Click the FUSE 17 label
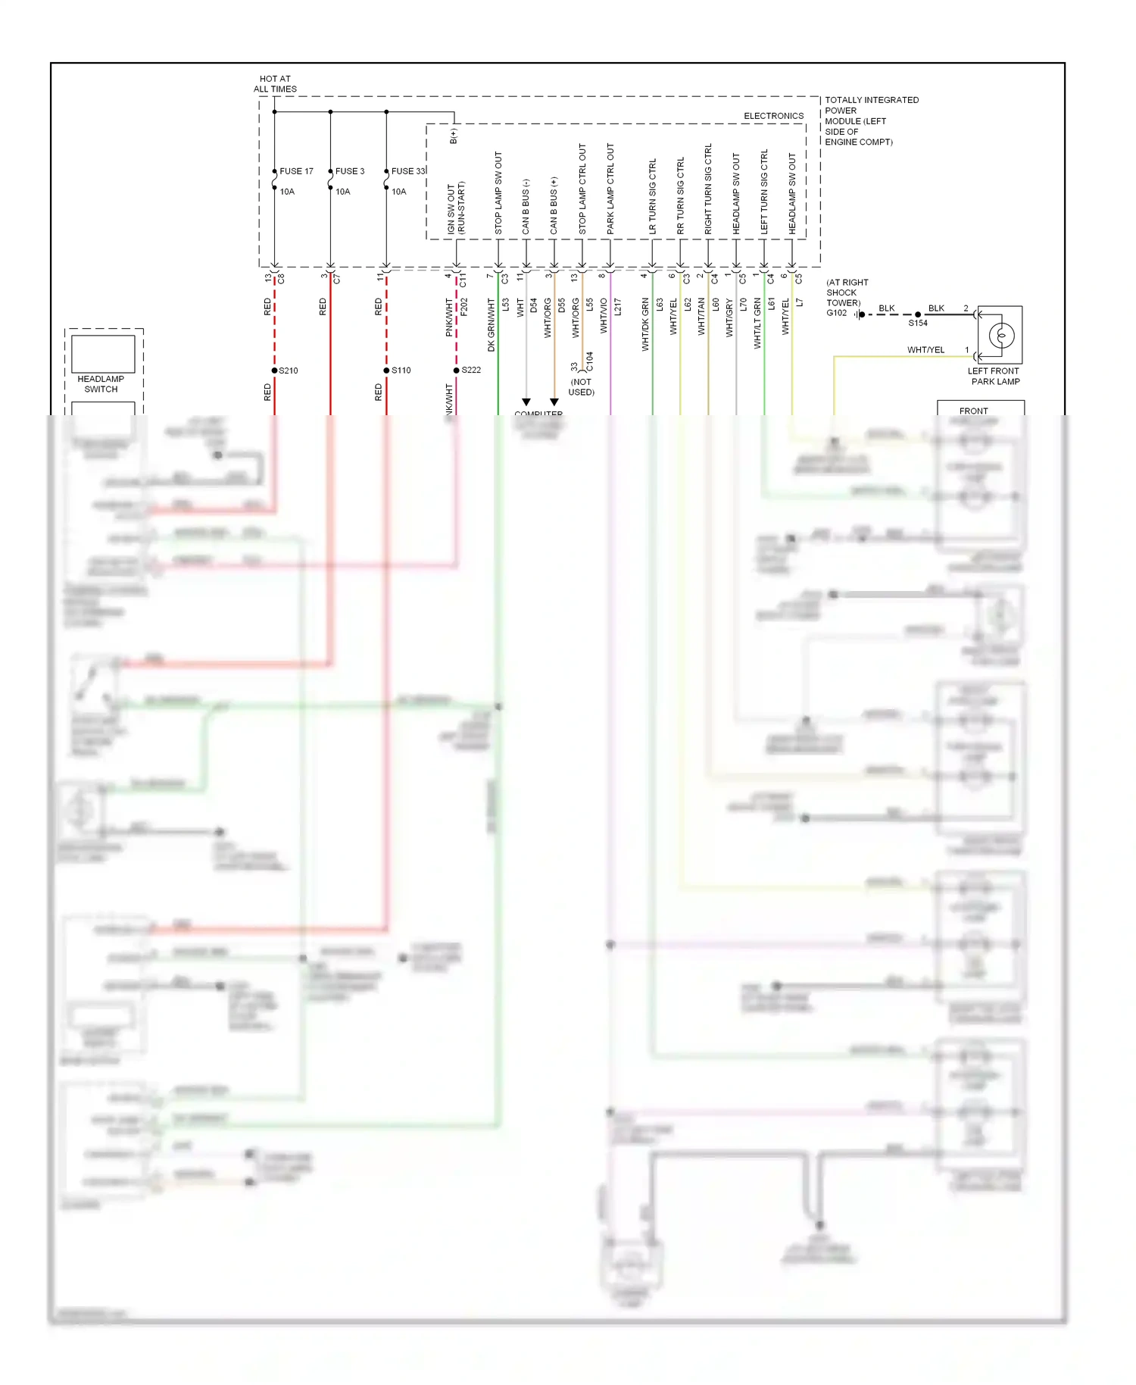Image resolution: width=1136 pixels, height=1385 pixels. [x=296, y=171]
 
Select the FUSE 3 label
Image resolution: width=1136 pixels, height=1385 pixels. [x=349, y=171]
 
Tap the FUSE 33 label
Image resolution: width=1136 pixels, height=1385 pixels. [x=408, y=171]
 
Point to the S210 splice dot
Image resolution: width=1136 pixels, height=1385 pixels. [x=274, y=370]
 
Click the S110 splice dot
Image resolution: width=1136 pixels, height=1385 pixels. [x=386, y=370]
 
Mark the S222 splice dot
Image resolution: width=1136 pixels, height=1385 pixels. [x=456, y=370]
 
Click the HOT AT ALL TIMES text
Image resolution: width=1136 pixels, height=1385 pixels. [x=275, y=84]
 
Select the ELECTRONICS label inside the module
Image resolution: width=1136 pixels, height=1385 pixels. [x=773, y=116]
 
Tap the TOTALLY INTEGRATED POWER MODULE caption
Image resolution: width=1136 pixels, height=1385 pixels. [x=870, y=120]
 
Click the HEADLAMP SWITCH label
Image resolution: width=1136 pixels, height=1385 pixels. [x=101, y=384]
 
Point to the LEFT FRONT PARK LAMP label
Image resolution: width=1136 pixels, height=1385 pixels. [x=994, y=377]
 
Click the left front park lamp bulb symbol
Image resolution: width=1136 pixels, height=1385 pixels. [x=1001, y=335]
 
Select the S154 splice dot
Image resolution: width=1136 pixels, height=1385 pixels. [x=918, y=314]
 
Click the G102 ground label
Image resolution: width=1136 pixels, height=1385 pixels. [x=836, y=313]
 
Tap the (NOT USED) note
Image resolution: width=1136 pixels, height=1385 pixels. [x=581, y=387]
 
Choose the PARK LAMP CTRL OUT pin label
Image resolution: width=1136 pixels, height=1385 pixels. [x=610, y=188]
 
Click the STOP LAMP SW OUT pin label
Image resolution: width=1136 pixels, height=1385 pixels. [x=498, y=193]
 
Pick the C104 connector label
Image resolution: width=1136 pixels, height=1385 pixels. [x=590, y=361]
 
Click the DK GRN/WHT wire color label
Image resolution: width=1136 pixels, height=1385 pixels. [x=491, y=324]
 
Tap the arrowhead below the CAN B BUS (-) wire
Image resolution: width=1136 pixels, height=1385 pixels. [x=526, y=402]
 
